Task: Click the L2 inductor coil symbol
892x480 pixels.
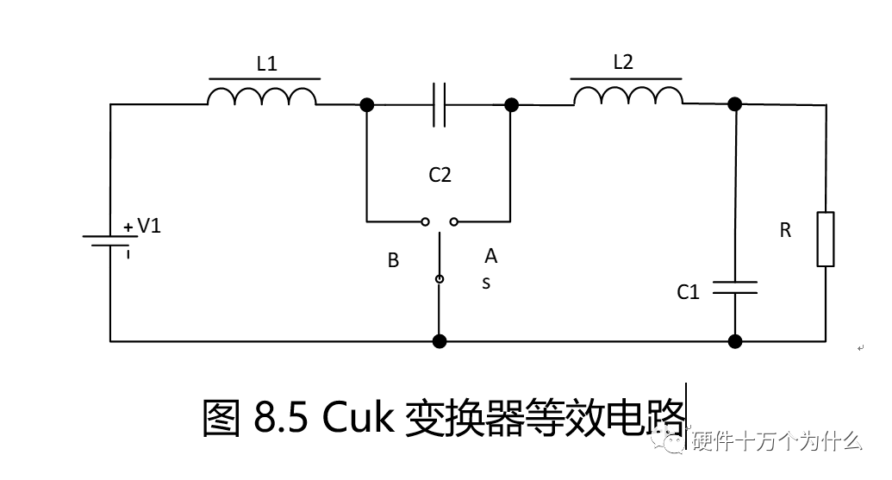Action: tap(628, 96)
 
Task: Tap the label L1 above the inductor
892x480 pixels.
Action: tap(267, 63)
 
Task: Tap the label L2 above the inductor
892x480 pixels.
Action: tap(623, 62)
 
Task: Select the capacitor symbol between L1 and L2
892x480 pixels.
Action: tap(439, 105)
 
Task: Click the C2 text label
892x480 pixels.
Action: tap(440, 175)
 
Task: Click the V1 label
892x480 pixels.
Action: tap(149, 226)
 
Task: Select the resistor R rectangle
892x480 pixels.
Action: tap(826, 239)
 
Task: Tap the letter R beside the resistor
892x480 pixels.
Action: tap(784, 231)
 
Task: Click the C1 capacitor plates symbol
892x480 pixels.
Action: tap(735, 287)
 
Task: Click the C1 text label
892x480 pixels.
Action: tap(688, 292)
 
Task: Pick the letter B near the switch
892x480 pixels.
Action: tap(393, 260)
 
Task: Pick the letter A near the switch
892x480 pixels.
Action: tap(490, 256)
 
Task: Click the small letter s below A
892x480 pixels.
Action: tap(486, 283)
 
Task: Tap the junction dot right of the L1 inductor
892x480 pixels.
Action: tap(367, 105)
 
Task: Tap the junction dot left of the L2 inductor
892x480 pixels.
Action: tap(511, 105)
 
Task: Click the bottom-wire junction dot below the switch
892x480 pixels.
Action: tap(440, 341)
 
